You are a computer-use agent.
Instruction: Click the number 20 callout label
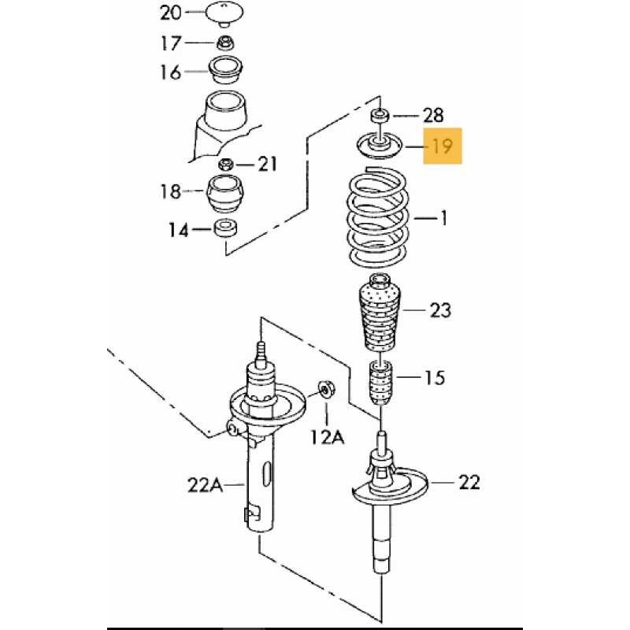click(171, 13)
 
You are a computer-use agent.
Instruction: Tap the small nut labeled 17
click(224, 43)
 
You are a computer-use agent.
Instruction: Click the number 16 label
click(171, 73)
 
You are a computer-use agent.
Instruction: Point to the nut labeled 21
click(225, 165)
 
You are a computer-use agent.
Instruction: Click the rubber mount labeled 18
click(226, 194)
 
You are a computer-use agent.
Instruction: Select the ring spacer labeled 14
click(226, 230)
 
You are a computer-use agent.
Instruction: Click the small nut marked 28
click(380, 116)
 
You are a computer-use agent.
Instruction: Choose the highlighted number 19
click(443, 146)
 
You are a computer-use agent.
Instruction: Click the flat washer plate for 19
click(380, 146)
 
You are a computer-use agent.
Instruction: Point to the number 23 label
click(440, 310)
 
